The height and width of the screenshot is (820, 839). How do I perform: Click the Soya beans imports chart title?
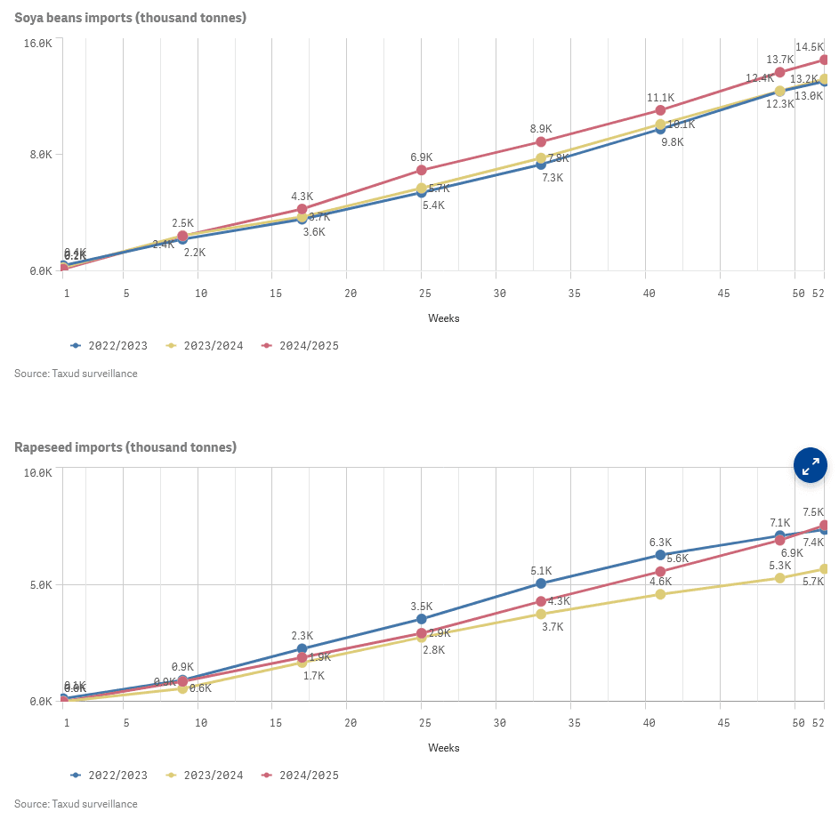tap(130, 18)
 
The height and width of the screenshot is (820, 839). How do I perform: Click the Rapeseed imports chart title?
tap(125, 447)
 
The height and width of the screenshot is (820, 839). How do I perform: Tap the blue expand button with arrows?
tap(811, 465)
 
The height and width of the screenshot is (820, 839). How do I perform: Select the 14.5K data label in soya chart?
tap(810, 46)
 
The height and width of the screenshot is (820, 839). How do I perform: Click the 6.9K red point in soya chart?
tap(422, 170)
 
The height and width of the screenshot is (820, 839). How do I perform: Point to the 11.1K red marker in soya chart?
tap(660, 110)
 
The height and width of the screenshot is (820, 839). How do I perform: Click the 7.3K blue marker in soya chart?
tap(541, 165)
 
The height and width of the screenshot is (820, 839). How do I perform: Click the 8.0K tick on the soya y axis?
tap(42, 155)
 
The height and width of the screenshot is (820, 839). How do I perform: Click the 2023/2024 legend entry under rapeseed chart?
tap(207, 775)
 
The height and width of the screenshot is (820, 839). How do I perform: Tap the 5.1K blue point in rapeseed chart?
tap(541, 583)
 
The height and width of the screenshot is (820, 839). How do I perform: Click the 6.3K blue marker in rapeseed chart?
tap(660, 555)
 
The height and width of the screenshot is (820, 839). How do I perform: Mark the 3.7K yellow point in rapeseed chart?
tap(541, 614)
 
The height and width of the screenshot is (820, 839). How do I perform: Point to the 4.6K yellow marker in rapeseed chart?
tap(660, 594)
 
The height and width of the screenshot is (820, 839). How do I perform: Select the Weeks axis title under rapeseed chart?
tap(444, 748)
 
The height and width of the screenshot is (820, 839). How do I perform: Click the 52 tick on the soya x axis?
tap(819, 293)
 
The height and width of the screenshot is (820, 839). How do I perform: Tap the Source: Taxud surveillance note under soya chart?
tap(76, 374)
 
